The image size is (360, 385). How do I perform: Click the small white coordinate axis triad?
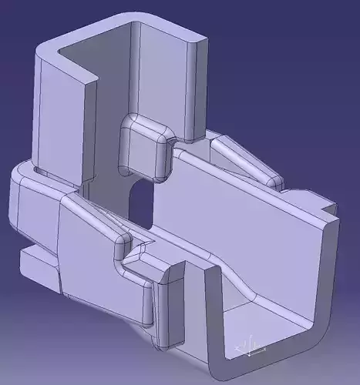[x=251, y=346]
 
